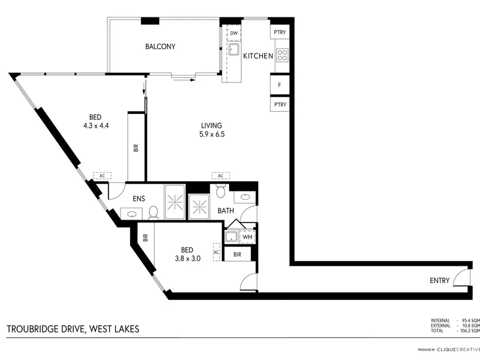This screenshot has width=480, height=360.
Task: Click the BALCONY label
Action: tap(160, 47)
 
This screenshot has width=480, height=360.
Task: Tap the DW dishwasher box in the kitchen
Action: tap(233, 33)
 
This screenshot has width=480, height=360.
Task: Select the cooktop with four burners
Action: tap(282, 55)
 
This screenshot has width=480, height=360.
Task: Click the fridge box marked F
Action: tap(280, 85)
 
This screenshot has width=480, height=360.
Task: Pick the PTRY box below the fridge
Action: tap(280, 104)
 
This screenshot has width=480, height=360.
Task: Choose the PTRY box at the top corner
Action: tap(280, 32)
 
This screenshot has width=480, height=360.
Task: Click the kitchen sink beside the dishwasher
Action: tap(234, 49)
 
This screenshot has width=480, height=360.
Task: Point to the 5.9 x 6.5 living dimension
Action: tap(212, 134)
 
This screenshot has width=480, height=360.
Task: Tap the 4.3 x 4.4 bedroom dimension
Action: tap(96, 125)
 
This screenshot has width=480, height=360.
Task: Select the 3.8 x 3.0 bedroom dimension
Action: tap(188, 259)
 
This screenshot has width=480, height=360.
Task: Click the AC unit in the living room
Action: tap(221, 176)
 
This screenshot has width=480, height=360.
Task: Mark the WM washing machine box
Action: tap(247, 237)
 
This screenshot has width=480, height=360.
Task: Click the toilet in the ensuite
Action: tap(153, 212)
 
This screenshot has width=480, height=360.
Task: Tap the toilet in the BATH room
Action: tap(221, 191)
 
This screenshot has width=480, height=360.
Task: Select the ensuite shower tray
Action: tap(175, 202)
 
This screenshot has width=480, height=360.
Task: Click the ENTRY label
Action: tap(440, 280)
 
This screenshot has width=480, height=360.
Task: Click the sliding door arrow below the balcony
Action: tap(184, 80)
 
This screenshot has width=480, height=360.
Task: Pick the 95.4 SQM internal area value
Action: tap(472, 320)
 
